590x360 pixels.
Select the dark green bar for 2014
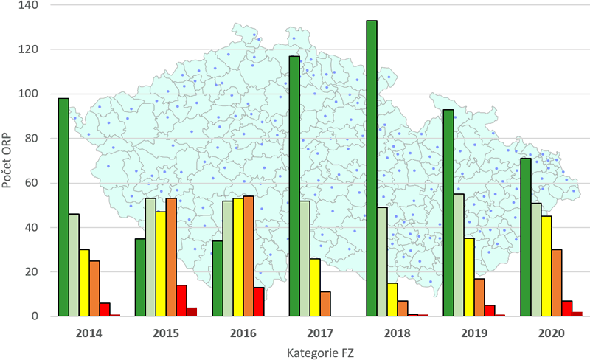(x=63, y=207)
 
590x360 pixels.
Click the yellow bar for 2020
(x=546, y=266)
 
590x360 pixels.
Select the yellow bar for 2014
(x=84, y=283)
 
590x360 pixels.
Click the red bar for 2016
(x=258, y=302)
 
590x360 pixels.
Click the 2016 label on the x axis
(x=243, y=333)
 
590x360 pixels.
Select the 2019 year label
(x=474, y=333)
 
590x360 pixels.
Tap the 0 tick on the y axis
(x=41, y=316)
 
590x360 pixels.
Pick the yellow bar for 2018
(x=392, y=300)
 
